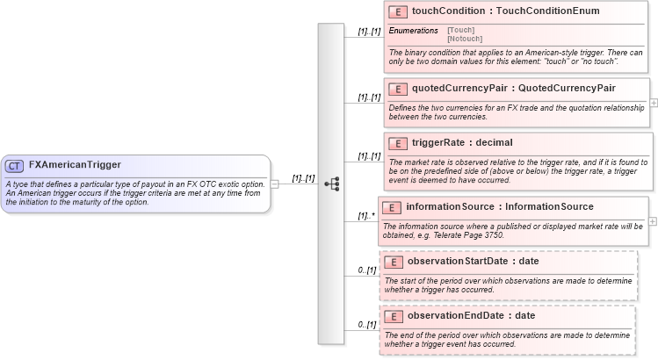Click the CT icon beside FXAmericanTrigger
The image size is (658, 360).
tap(15, 165)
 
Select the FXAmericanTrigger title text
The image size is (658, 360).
tap(75, 165)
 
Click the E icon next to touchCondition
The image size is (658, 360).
tap(398, 11)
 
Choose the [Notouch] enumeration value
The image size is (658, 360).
tap(464, 40)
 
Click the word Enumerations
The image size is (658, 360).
tap(413, 31)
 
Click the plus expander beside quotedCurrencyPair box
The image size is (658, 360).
tap(654, 103)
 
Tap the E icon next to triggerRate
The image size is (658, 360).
tap(398, 142)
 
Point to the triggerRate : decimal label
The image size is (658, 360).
tap(462, 142)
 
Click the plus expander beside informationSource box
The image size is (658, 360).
tap(652, 220)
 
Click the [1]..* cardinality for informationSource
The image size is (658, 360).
tap(365, 215)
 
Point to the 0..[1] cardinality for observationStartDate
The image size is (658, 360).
tap(367, 270)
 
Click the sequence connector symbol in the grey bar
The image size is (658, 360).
tap(331, 184)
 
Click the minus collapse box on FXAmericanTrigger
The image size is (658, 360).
tap(275, 184)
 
